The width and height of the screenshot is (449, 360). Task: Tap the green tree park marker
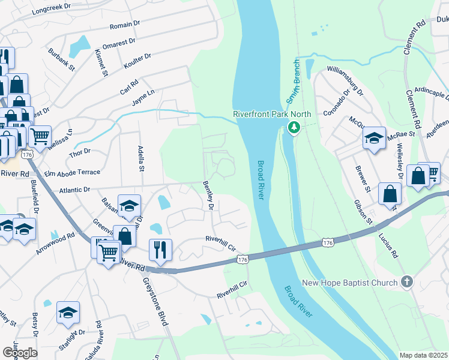click(x=294, y=127)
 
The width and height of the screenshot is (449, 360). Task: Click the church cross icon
click(x=407, y=282)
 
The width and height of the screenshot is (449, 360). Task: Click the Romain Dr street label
click(x=125, y=25)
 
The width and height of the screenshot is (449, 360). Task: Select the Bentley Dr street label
click(x=209, y=196)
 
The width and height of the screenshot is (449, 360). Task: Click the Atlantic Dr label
click(x=74, y=189)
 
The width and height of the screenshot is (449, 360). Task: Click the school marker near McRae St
click(x=373, y=139)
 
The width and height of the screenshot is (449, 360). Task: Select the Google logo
click(x=20, y=352)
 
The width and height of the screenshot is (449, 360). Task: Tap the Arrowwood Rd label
click(x=55, y=243)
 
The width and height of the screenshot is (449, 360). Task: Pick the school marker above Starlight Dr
click(x=68, y=311)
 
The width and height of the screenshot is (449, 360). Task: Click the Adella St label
click(x=140, y=158)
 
